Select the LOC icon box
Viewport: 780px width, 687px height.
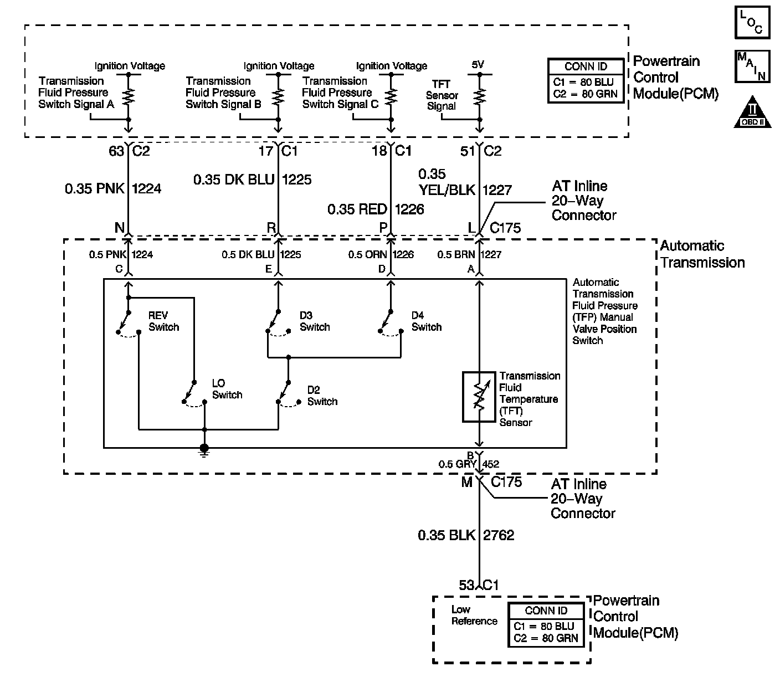coord(752,23)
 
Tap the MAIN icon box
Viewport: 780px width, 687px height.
coord(752,66)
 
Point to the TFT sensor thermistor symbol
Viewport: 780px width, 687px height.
coord(479,397)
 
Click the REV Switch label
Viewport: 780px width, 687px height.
coord(163,321)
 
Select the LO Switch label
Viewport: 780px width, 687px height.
coord(227,389)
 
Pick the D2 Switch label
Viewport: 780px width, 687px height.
coord(322,396)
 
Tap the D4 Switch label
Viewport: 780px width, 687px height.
coord(426,321)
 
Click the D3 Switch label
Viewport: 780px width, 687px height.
coord(315,321)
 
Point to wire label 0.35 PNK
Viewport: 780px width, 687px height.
coord(96,189)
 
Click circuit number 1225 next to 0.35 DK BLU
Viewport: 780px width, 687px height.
coord(297,180)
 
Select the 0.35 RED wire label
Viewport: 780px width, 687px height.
coord(358,209)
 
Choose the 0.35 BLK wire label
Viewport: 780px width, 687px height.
coord(447,535)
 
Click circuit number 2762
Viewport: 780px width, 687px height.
coord(499,535)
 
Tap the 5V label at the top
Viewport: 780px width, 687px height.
coord(478,65)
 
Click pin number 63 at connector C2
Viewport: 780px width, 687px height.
coord(116,150)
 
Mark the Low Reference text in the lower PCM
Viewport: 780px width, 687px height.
coord(474,616)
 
